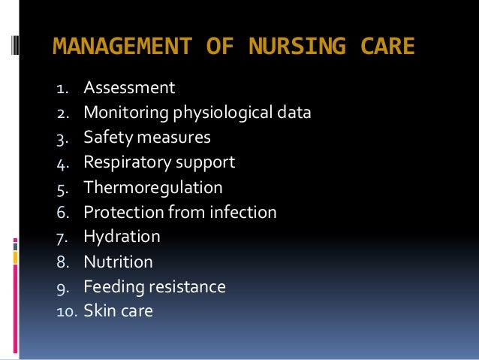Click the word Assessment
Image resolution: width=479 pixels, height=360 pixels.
(x=129, y=89)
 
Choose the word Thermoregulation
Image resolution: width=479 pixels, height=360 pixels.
(x=153, y=187)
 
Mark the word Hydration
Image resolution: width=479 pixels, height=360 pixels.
(x=122, y=237)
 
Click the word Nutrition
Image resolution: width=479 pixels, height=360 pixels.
(x=118, y=262)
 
